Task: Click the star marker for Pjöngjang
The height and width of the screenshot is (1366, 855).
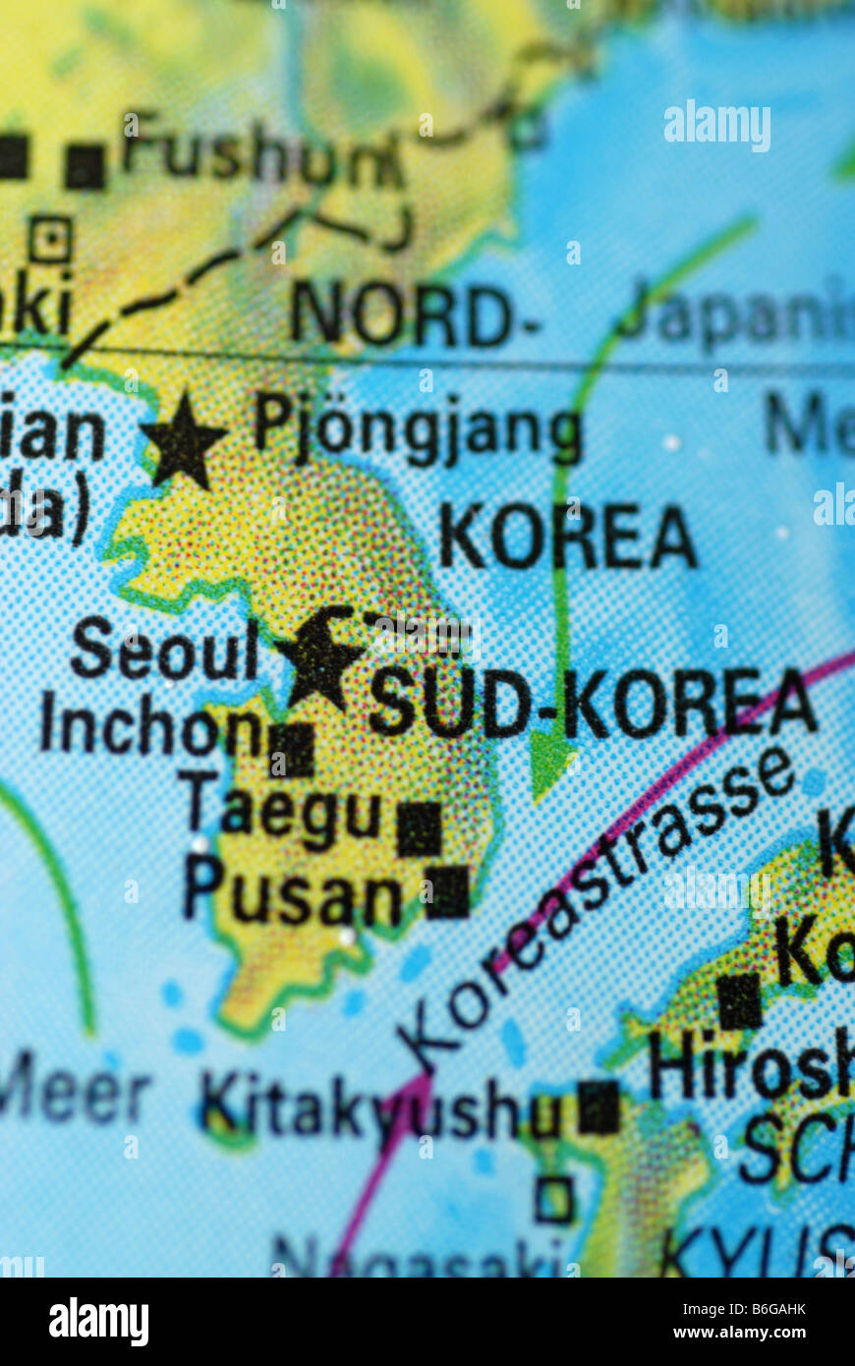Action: coord(183,441)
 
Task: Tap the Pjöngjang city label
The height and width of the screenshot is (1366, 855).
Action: coord(418,432)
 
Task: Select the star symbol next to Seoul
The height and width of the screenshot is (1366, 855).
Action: coord(319,657)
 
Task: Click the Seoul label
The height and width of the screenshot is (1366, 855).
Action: coord(164,650)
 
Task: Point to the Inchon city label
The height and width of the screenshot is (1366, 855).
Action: coord(148,728)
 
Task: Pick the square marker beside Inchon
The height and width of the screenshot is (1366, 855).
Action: coord(293,750)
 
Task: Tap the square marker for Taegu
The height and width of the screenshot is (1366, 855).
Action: coord(420,827)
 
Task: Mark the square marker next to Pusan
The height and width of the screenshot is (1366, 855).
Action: coord(447,891)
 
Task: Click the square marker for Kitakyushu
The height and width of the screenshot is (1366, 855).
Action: coord(598,1107)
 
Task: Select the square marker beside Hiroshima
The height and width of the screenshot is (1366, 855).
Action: coord(739,1001)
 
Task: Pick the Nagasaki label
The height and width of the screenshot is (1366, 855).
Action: coord(417,1258)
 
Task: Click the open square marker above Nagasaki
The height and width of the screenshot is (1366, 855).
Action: coord(554,1200)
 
